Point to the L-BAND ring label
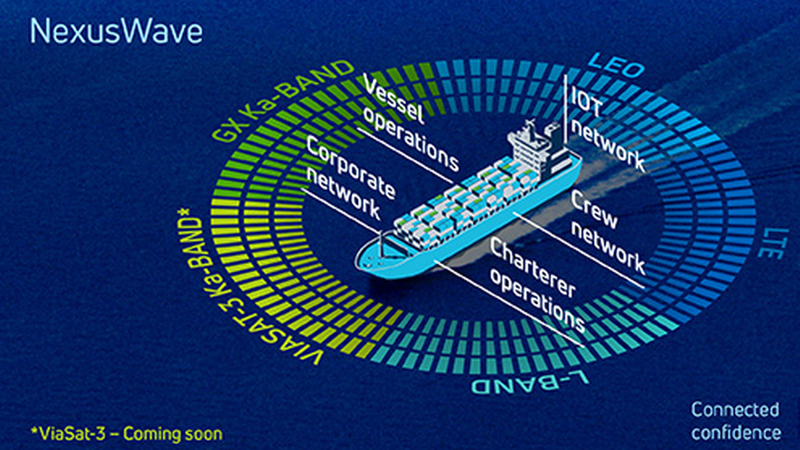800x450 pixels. (x=530, y=384)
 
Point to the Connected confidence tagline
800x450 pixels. (x=735, y=421)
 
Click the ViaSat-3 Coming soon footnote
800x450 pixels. (x=127, y=433)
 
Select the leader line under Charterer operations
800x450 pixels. (x=507, y=304)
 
